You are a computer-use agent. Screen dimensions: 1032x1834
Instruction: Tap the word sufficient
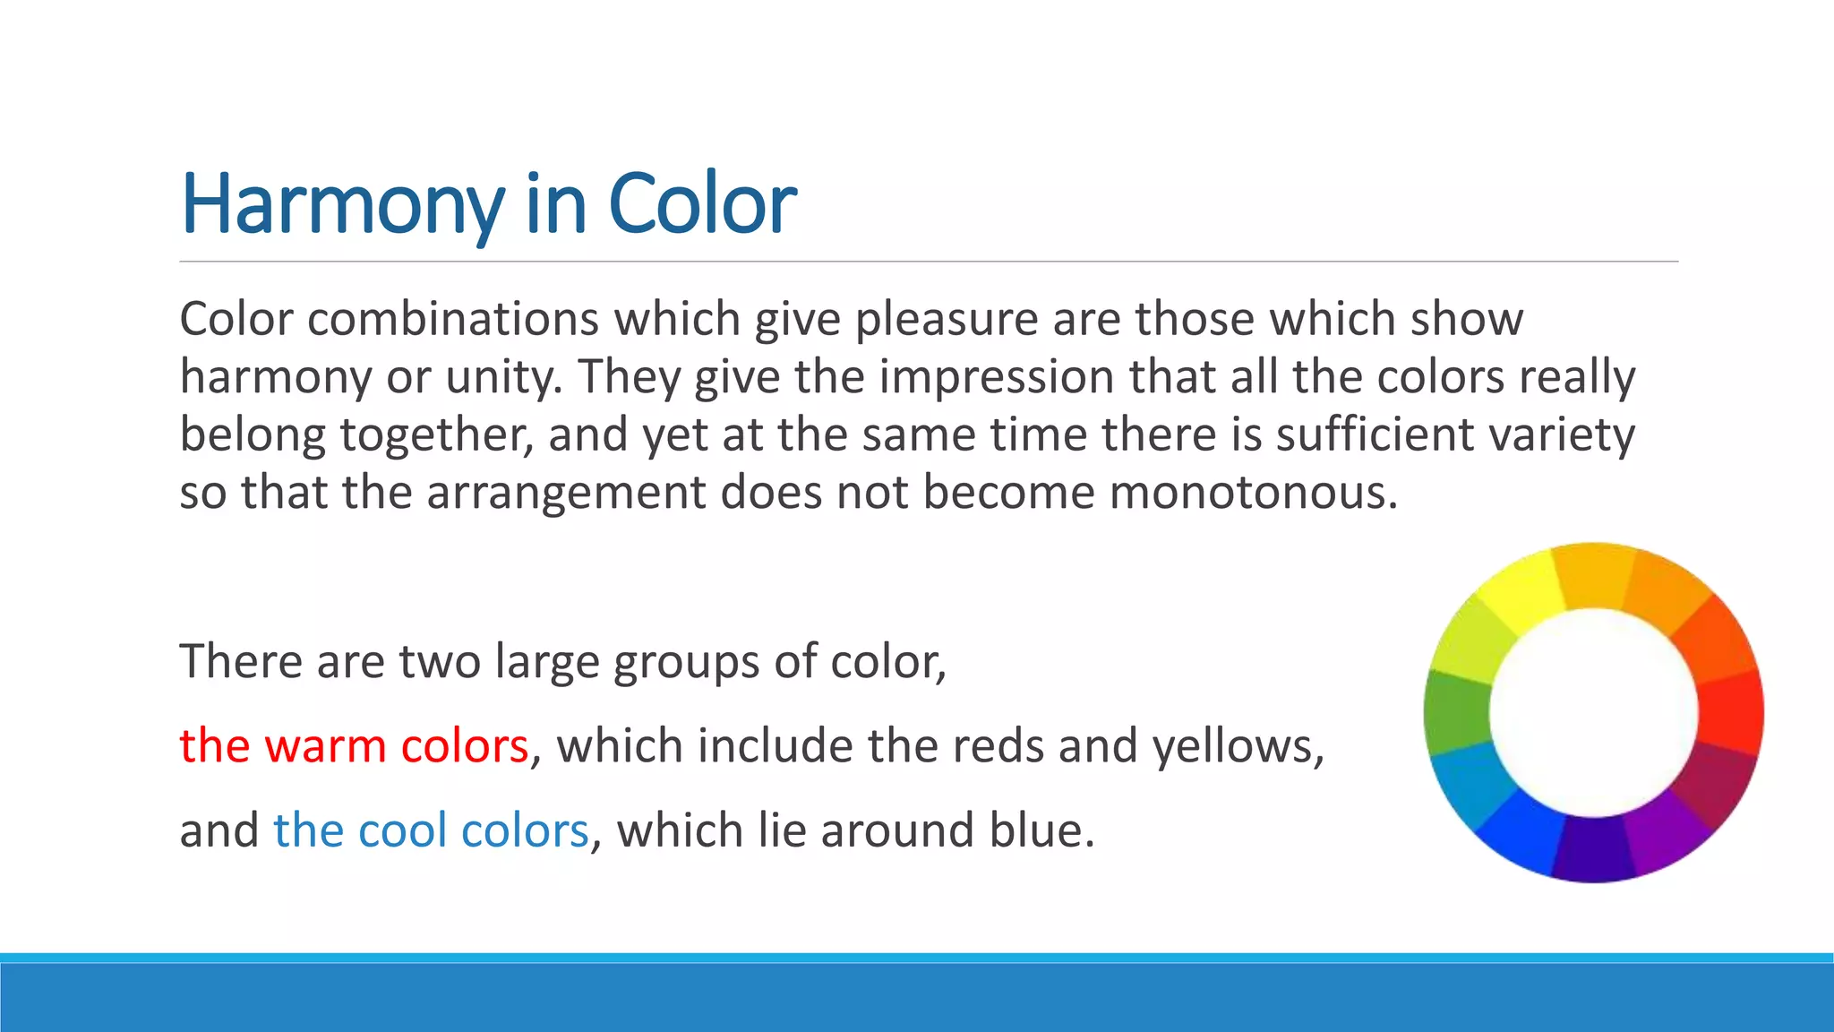(x=1375, y=434)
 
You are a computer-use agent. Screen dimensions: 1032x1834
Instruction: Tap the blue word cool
(x=403, y=830)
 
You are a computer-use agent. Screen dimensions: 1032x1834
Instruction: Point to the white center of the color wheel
(x=1594, y=713)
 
